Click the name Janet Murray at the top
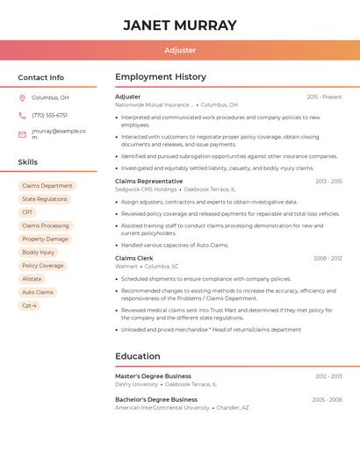[x=180, y=25]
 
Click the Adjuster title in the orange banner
[x=180, y=50]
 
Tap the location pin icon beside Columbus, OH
[x=22, y=97]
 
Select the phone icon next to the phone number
[x=22, y=115]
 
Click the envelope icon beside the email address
[x=22, y=134]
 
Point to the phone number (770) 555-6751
[x=49, y=115]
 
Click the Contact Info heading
[x=40, y=77]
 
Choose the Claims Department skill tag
[x=47, y=186]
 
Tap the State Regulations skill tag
[x=45, y=199]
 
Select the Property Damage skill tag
[x=45, y=239]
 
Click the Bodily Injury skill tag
[x=39, y=252]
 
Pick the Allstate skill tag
[x=32, y=279]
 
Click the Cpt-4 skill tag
[x=30, y=305]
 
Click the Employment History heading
[x=161, y=77]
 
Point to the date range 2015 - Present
[x=324, y=97]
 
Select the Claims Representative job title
[x=149, y=181]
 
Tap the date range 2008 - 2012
[x=328, y=258]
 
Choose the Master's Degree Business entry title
[x=153, y=376]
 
